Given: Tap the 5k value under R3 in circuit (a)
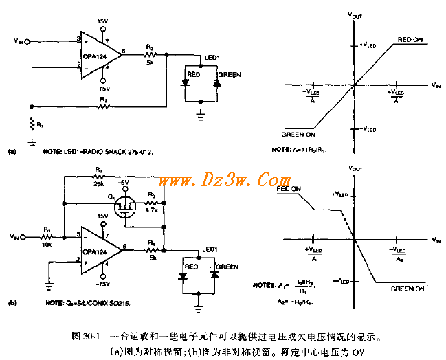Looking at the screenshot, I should click(150, 61).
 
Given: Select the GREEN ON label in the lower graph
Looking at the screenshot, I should click(411, 289).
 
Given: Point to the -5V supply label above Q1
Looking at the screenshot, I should click(124, 182).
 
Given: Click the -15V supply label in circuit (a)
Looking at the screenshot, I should click(102, 89).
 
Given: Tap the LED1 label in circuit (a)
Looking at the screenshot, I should click(212, 56).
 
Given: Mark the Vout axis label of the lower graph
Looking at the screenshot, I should click(355, 167).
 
